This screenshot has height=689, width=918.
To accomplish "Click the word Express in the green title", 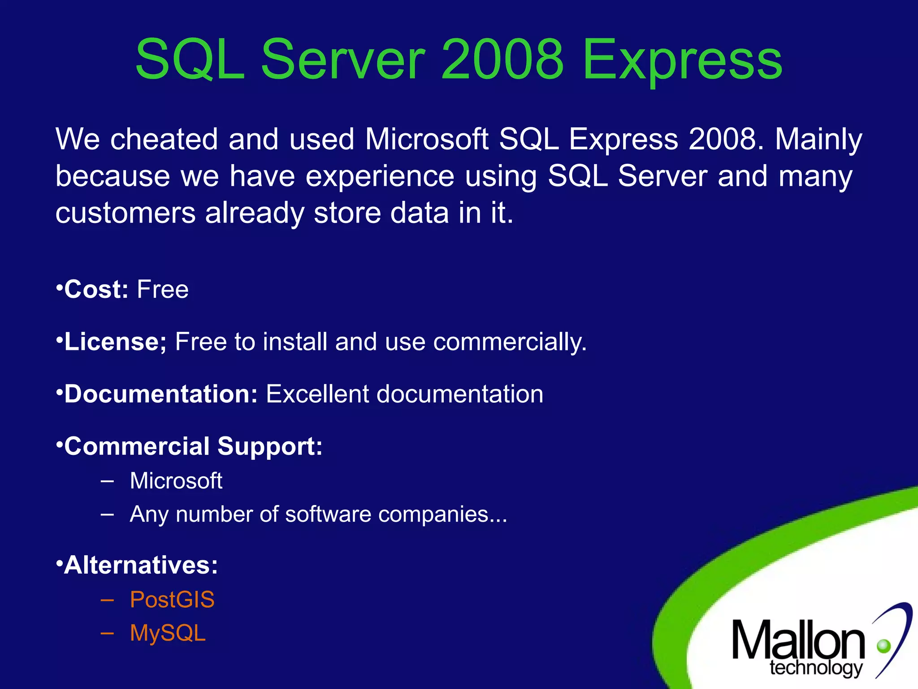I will pyautogui.click(x=682, y=61).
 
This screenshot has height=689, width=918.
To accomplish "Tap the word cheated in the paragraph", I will pyautogui.click(x=164, y=139).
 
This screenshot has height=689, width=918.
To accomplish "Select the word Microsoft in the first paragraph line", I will pyautogui.click(x=426, y=139).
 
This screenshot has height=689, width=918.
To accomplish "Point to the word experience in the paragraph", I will pyautogui.click(x=380, y=176).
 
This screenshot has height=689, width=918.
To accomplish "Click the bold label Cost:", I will pyautogui.click(x=96, y=289).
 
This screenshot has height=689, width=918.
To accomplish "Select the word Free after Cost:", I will pyautogui.click(x=163, y=289).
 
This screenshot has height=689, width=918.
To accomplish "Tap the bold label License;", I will pyautogui.click(x=115, y=342).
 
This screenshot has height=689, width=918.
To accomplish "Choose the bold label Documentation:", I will pyautogui.click(x=160, y=394).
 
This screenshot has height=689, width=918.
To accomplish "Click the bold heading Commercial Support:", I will pyautogui.click(x=193, y=447).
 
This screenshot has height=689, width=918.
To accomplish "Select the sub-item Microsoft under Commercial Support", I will pyautogui.click(x=176, y=481).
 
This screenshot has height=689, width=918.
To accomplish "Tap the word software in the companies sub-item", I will pyautogui.click(x=328, y=514).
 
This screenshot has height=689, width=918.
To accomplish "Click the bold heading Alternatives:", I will pyautogui.click(x=140, y=565).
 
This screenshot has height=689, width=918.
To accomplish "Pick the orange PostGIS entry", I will pyautogui.click(x=172, y=600).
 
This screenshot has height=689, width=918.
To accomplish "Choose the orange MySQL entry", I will pyautogui.click(x=168, y=633).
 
